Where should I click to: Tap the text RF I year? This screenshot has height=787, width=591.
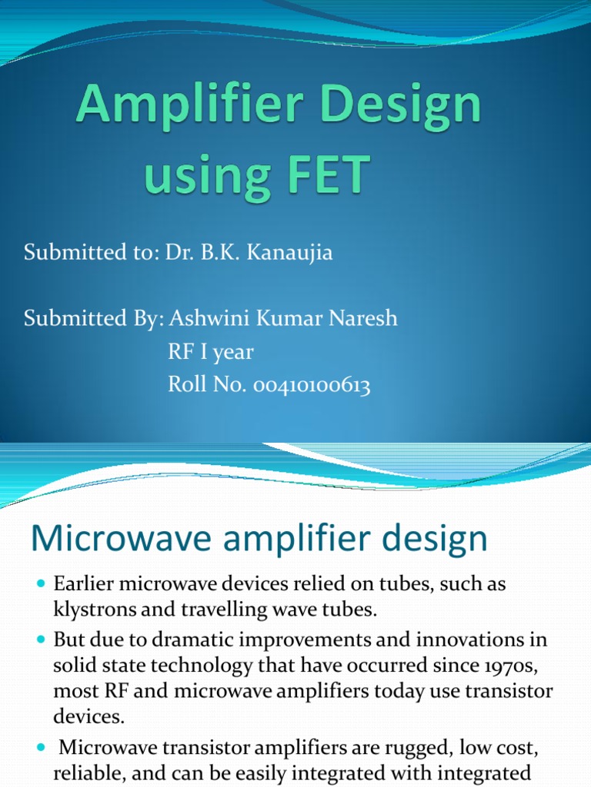coord(210,352)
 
